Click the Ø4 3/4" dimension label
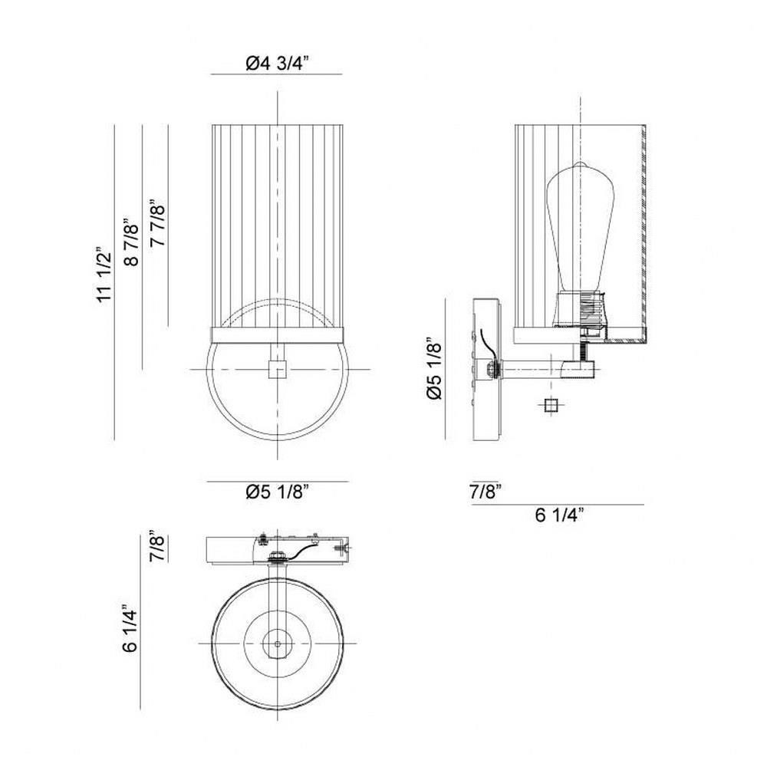pyautogui.click(x=278, y=64)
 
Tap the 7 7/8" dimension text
pyautogui.click(x=160, y=223)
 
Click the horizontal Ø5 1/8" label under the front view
pyautogui.click(x=278, y=492)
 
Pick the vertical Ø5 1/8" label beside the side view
pyautogui.click(x=434, y=368)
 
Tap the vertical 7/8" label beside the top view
pyautogui.click(x=159, y=546)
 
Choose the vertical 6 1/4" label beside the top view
pyautogui.click(x=131, y=628)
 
